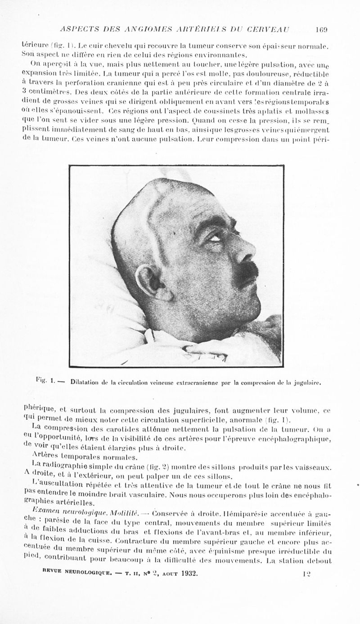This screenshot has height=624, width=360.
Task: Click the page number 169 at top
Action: (321, 30)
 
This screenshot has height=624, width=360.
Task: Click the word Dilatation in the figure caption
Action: (85, 383)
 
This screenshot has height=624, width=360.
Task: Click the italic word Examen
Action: (41, 512)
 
